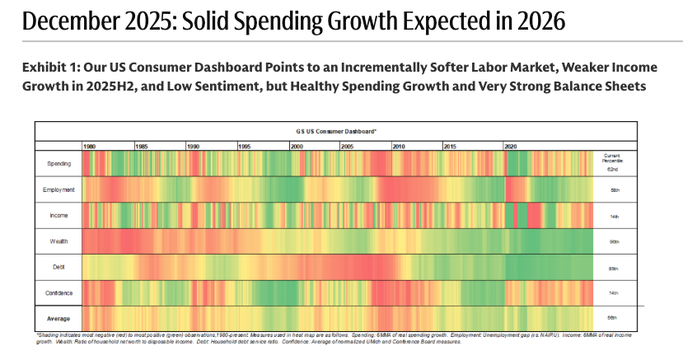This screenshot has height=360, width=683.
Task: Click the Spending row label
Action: point(58,163)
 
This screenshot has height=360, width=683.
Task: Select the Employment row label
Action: point(58,189)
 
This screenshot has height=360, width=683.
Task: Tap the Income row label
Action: point(58,215)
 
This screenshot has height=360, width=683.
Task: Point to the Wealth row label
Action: point(58,241)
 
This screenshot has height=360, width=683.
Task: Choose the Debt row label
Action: point(58,267)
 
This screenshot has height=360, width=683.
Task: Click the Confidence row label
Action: point(58,292)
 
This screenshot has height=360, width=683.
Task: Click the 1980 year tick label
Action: point(90,146)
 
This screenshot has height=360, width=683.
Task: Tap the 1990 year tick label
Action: point(193,146)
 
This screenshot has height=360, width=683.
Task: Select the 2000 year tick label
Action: point(296,146)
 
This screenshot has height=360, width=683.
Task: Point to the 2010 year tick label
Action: point(399,146)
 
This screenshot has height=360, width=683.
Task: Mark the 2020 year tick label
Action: point(511,146)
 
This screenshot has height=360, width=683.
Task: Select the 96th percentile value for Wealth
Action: point(615,241)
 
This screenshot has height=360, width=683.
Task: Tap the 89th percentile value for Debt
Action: point(615,268)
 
